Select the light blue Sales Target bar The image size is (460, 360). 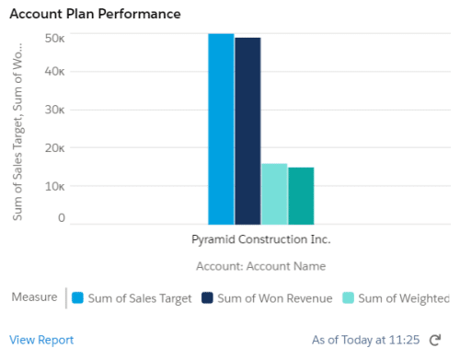coord(221,129)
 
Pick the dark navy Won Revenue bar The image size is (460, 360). coord(247,131)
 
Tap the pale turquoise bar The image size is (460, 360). coord(274,193)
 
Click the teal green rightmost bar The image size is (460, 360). coord(301,195)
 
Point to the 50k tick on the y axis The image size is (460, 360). coord(54,38)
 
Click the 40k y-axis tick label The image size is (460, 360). coord(54,72)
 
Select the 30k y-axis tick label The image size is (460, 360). coord(54,110)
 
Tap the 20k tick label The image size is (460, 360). coord(54,147)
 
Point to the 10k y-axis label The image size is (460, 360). coord(54,185)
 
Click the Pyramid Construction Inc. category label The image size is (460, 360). coord(260,239)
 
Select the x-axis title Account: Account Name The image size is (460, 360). coord(260,265)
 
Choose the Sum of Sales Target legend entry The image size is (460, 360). coord(132,297)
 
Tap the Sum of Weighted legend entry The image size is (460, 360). coord(396,297)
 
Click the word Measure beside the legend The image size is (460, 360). coord(32,297)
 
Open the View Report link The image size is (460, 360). coord(41,340)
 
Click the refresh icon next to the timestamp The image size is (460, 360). coord(435,340)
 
